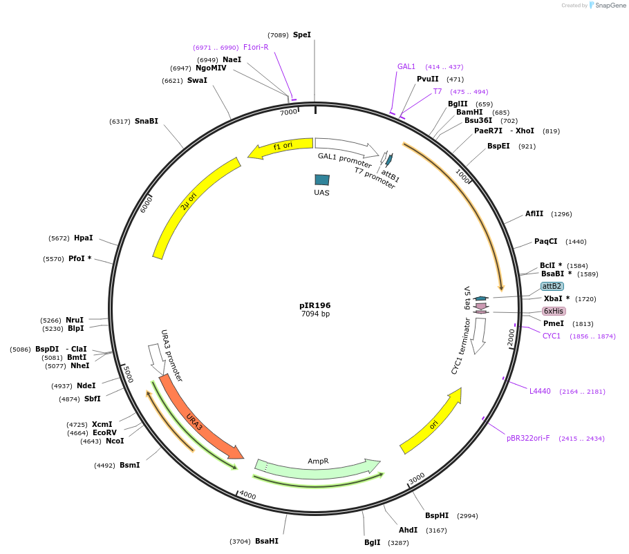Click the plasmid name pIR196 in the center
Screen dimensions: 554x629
(315, 305)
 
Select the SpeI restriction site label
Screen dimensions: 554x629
(302, 35)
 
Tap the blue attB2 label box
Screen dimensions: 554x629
(552, 286)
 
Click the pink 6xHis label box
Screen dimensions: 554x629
(554, 312)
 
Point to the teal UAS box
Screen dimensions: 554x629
(322, 180)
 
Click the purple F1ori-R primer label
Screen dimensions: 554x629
(256, 47)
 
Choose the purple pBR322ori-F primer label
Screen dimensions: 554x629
(529, 438)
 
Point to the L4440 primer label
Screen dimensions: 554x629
(541, 391)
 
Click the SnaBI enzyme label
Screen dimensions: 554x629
(147, 121)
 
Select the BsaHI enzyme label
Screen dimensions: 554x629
(267, 541)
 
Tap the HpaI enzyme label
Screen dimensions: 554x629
(84, 238)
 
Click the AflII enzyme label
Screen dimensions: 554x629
(534, 213)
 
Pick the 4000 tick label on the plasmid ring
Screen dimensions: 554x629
(247, 496)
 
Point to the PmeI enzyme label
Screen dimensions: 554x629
(554, 323)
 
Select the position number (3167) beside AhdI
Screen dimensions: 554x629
(436, 530)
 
